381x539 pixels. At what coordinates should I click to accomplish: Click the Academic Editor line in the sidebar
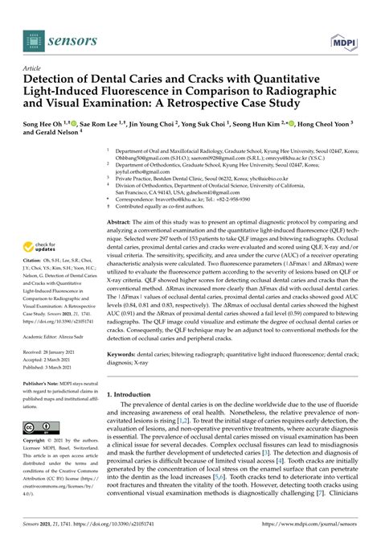(x=58, y=336)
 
